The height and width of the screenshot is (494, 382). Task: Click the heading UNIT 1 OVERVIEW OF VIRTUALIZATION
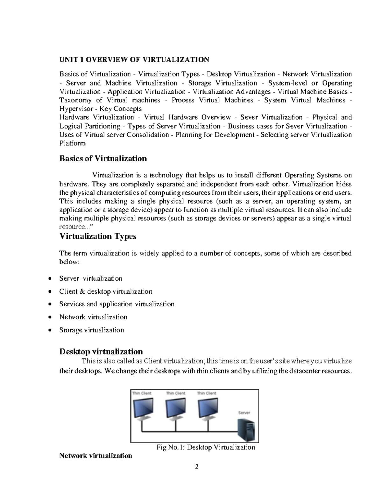pos(134,59)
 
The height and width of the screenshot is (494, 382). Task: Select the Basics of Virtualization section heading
pos(103,158)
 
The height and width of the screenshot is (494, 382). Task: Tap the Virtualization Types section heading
pos(98,236)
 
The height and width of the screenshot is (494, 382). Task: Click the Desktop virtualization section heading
pos(101,351)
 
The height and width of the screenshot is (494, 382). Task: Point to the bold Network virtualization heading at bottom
pos(95,456)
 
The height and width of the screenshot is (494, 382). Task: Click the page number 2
pos(197,467)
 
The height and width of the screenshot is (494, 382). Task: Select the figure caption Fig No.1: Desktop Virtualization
pos(206,448)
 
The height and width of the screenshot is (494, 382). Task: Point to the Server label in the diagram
pos(244,413)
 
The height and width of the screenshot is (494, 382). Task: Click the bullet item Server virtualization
pos(91,279)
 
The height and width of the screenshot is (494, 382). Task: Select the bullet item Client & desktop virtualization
pos(106,291)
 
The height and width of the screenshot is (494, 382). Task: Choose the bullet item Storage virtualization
pos(91,330)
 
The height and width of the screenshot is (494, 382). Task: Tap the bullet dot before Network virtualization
pos(49,317)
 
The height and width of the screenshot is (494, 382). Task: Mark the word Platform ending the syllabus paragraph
pos(73,143)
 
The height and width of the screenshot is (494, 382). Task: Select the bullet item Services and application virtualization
pos(117,304)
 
